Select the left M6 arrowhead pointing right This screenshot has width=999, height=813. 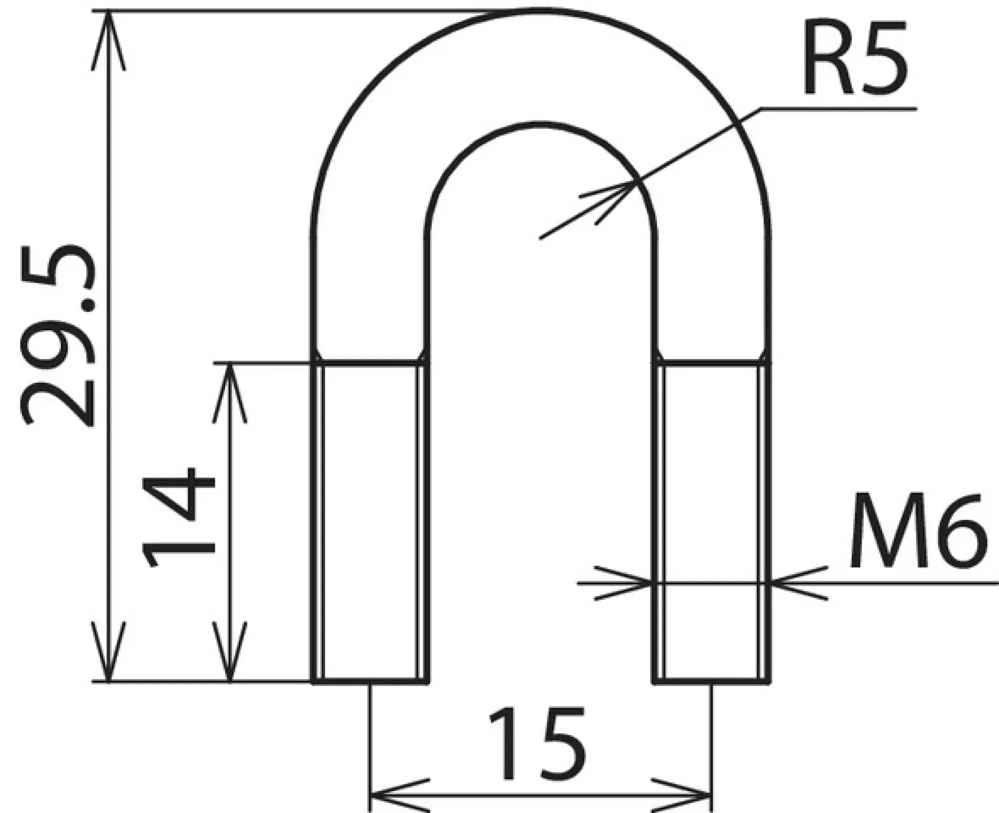point(634,582)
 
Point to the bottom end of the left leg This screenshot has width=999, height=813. point(370,681)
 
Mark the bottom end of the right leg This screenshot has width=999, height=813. point(712,681)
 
